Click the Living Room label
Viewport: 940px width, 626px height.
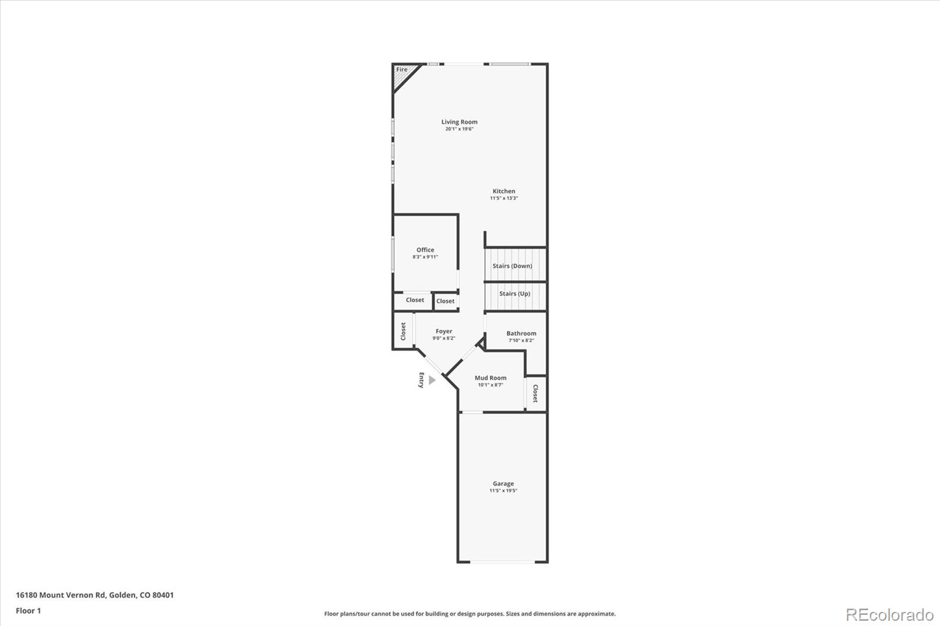pos(459,122)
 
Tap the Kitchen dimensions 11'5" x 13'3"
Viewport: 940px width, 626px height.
pos(503,198)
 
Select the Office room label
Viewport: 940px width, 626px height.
pos(425,250)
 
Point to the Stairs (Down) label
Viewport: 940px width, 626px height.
pos(512,266)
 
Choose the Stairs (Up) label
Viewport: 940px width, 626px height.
pos(515,294)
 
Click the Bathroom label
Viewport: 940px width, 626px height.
pos(521,334)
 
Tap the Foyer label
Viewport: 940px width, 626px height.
pos(444,332)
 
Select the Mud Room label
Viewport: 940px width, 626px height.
pos(490,378)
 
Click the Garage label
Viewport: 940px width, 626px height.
pos(503,484)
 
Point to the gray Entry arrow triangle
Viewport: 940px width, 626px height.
pos(432,381)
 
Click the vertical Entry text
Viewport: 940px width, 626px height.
pos(421,380)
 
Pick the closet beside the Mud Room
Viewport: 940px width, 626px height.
pos(535,393)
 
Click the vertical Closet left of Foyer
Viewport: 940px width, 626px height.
pos(403,331)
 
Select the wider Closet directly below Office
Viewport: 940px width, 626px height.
pos(415,300)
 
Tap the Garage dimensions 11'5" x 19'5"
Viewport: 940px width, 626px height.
pos(503,491)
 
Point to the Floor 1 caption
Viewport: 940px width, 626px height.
pos(28,611)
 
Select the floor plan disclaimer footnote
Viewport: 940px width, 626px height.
pos(470,614)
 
